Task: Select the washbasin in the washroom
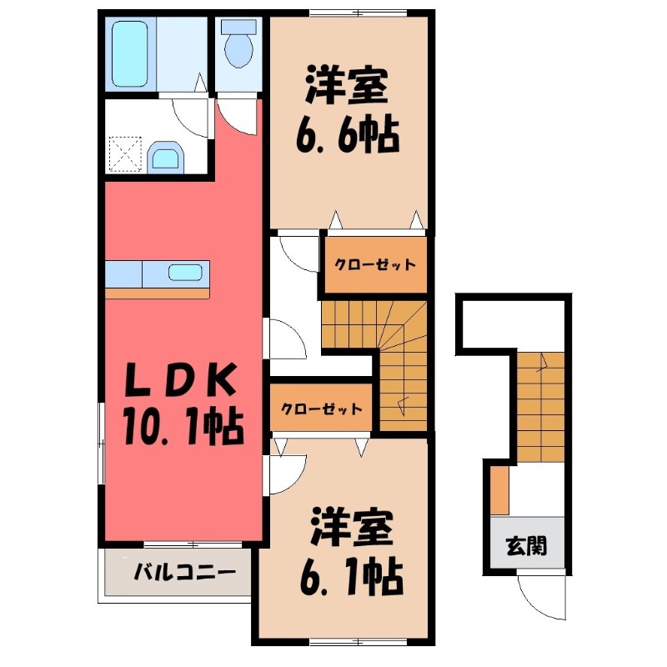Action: [167, 157]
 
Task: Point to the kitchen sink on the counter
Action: [184, 272]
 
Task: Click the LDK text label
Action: [179, 383]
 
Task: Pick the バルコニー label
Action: [178, 574]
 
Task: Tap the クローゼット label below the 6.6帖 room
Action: [374, 266]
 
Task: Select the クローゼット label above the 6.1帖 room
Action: [321, 409]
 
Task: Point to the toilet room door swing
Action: [238, 113]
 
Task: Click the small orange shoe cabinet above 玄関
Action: [499, 491]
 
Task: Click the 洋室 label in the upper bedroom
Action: [347, 85]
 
